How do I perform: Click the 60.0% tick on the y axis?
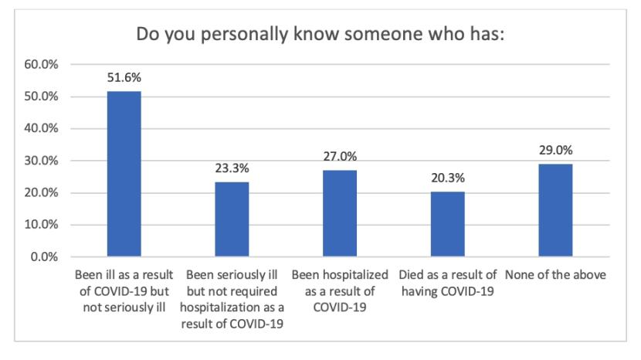43,65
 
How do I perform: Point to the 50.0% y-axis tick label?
43,97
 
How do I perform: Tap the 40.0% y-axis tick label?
43,129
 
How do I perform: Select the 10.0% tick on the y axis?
43,225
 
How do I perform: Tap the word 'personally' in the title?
239,36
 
